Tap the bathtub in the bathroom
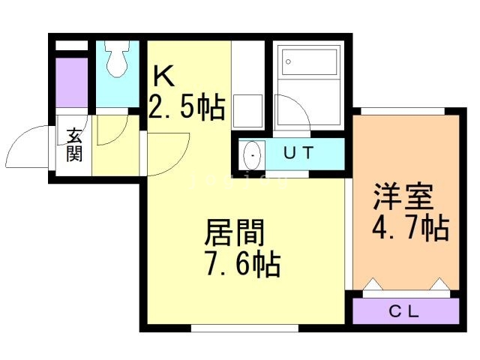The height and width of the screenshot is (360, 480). (309, 61)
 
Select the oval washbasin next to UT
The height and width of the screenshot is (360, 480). (252, 155)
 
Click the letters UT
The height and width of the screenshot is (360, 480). (298, 152)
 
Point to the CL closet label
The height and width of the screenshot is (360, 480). (403, 312)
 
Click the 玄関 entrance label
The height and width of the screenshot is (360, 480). (74, 145)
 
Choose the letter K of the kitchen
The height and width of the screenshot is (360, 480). (163, 76)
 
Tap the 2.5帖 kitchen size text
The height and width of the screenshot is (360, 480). (187, 106)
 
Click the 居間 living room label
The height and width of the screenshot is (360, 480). (234, 232)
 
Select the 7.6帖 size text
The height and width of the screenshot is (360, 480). (243, 264)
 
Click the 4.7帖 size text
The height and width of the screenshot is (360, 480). (411, 228)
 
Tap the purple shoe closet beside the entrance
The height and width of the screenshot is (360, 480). (72, 82)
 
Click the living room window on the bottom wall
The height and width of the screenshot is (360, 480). (244, 328)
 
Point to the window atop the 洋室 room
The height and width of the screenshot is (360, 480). (403, 111)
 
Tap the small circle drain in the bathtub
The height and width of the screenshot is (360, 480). (288, 61)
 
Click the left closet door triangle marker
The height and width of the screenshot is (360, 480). (373, 283)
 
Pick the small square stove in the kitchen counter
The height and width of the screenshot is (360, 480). (248, 111)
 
